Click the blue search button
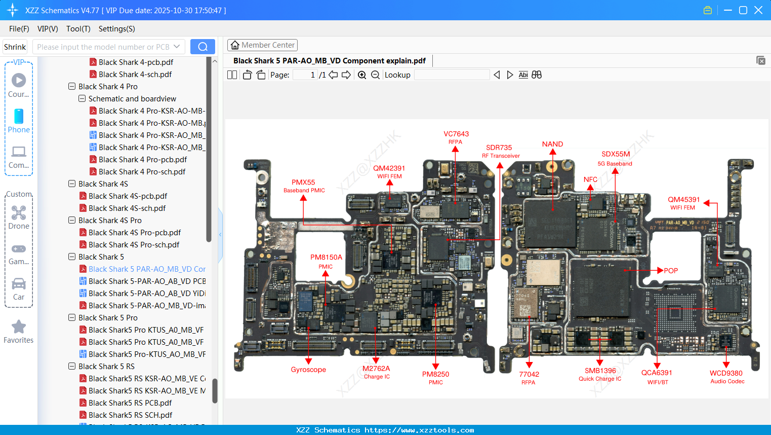pos(202,47)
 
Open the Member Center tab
pos(262,45)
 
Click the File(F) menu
pos(19,29)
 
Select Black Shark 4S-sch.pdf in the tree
pos(127,208)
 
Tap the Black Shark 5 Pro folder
pos(108,318)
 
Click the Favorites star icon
pos(19,327)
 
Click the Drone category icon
pos(19,213)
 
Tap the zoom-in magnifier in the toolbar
pos(362,75)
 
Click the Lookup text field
pos(452,75)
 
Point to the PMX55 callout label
pos(303,183)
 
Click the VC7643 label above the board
pos(456,134)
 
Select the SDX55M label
pos(616,154)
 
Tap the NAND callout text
pos(552,144)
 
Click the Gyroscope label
pos(308,370)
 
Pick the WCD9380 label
pos(726,373)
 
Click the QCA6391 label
pos(657,373)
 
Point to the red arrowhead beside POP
pos(660,270)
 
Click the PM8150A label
pos(326,258)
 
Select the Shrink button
pos(15,47)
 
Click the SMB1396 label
pos(600,371)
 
